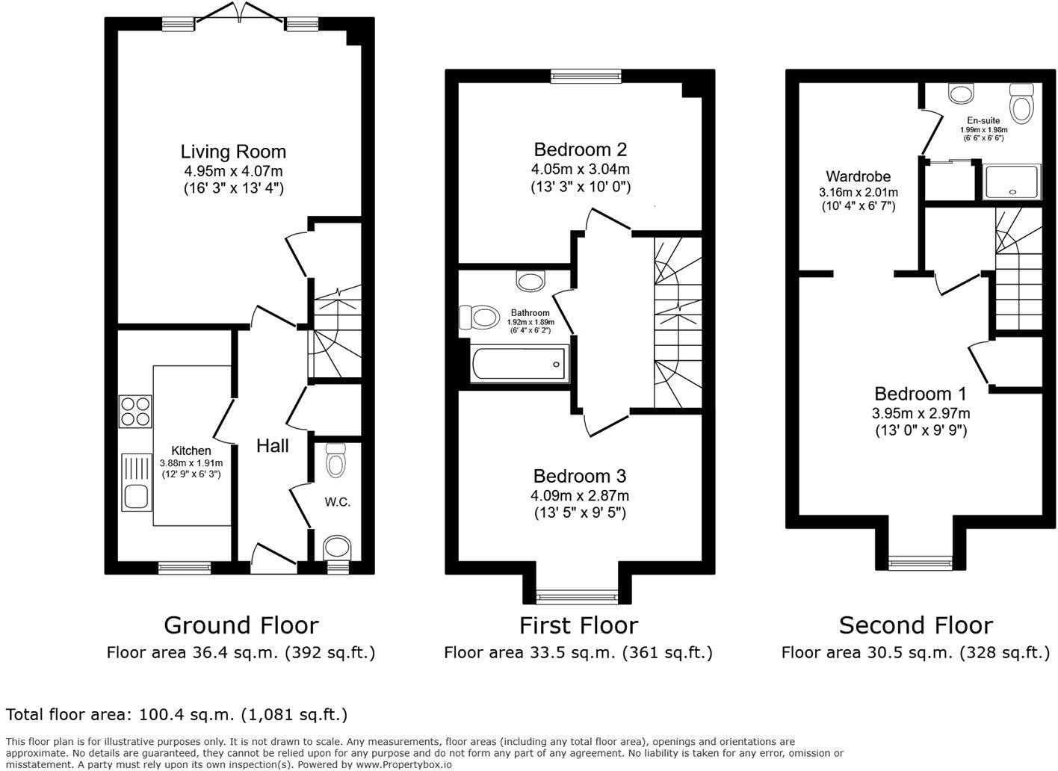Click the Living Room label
pyautogui.click(x=233, y=152)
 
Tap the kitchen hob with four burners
pyautogui.click(x=135, y=411)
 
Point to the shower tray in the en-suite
pyautogui.click(x=1012, y=182)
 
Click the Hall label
pyautogui.click(x=273, y=446)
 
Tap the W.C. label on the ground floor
pyautogui.click(x=337, y=502)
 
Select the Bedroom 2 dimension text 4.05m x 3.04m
pyautogui.click(x=580, y=169)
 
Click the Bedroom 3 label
pyautogui.click(x=580, y=476)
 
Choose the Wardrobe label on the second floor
pyautogui.click(x=858, y=177)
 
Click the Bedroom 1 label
pyautogui.click(x=921, y=394)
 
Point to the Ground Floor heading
pyautogui.click(x=241, y=625)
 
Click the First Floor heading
pyautogui.click(x=578, y=625)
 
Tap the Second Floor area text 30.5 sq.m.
pyautogui.click(x=915, y=653)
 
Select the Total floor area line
pyautogui.click(x=176, y=715)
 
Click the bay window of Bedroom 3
pyautogui.click(x=577, y=596)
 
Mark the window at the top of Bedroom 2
pyautogui.click(x=586, y=75)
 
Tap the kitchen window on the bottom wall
pyautogui.click(x=184, y=569)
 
